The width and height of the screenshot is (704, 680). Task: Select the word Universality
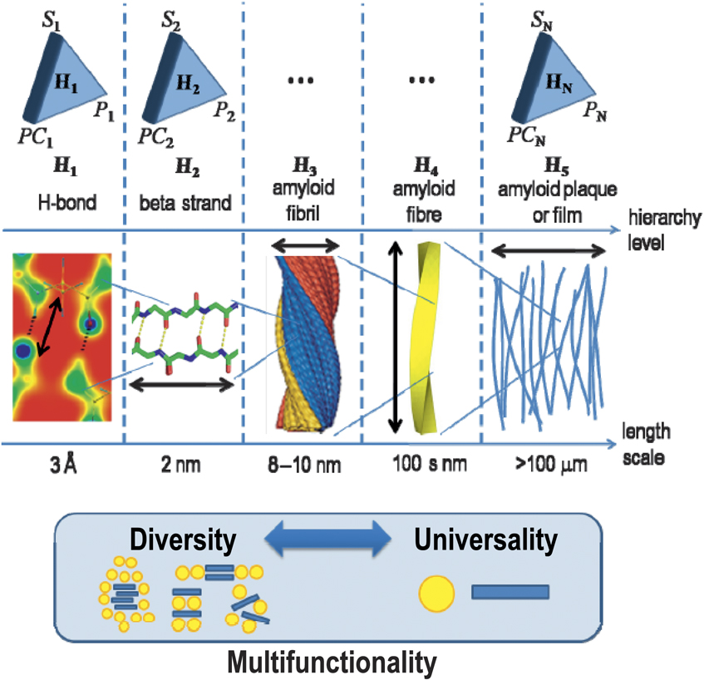click(x=485, y=541)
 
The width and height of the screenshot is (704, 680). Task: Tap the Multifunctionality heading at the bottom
click(x=332, y=663)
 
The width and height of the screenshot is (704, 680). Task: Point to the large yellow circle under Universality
click(x=438, y=592)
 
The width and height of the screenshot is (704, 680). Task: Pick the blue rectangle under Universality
click(x=510, y=592)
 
